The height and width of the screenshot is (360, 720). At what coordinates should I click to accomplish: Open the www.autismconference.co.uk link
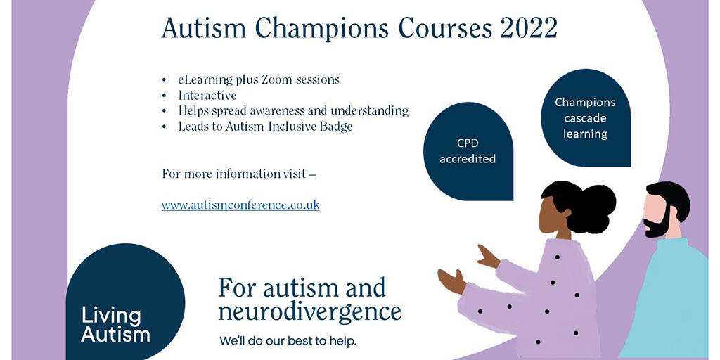click(x=240, y=205)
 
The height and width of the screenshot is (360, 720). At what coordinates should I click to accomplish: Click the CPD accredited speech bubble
click(x=468, y=151)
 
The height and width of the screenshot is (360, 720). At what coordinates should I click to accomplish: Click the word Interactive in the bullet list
click(x=207, y=96)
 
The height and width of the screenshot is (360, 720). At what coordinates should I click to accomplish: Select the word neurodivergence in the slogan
click(x=310, y=311)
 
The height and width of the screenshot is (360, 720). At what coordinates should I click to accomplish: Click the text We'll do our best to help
click(x=288, y=342)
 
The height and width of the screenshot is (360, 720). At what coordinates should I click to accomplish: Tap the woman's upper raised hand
click(x=488, y=257)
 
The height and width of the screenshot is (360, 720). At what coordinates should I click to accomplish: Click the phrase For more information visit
click(x=233, y=174)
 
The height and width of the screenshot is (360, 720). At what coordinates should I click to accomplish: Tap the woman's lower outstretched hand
click(x=451, y=281)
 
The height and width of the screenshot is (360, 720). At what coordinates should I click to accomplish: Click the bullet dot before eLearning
click(x=165, y=80)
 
